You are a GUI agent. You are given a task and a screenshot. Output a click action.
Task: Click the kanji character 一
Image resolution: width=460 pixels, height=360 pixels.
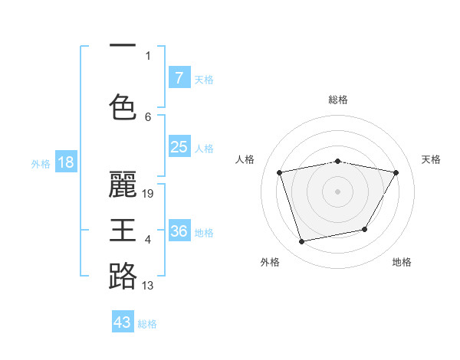click(x=123, y=46)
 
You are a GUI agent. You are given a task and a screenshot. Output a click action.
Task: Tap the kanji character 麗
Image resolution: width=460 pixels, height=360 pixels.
click(x=123, y=184)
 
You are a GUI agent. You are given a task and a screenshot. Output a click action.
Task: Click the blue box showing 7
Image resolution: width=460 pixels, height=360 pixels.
click(x=179, y=78)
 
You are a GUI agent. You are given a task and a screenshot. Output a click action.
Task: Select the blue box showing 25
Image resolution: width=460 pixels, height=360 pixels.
click(x=179, y=147)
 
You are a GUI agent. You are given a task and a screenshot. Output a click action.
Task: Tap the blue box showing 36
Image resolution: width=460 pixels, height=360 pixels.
click(x=179, y=231)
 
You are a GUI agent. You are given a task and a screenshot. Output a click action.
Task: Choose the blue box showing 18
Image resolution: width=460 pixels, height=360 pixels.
click(x=65, y=162)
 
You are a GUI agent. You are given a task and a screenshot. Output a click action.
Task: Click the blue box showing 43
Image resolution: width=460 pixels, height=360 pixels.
click(x=123, y=322)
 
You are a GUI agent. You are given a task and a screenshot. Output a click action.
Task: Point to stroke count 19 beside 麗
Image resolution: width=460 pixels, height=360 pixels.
click(x=149, y=194)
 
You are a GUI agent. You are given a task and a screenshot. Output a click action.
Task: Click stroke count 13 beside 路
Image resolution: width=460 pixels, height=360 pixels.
click(x=148, y=286)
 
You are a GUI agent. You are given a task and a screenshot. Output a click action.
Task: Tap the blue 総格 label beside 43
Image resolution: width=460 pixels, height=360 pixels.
click(x=147, y=324)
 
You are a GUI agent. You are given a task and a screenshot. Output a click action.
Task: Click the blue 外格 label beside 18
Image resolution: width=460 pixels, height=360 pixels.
click(x=40, y=163)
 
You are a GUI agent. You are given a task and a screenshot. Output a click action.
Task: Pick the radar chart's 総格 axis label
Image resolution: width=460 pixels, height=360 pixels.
click(x=338, y=100)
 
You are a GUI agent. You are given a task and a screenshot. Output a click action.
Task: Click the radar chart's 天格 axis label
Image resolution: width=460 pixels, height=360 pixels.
click(x=431, y=159)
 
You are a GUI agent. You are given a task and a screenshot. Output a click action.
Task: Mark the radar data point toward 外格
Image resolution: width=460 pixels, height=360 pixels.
click(x=302, y=241)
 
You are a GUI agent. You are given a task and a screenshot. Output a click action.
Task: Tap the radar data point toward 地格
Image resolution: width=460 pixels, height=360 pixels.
click(x=365, y=230)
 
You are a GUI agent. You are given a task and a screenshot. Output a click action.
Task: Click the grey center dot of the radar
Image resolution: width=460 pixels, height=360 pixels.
click(x=338, y=191)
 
